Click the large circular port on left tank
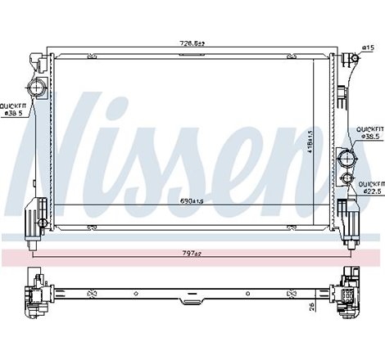36,88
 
